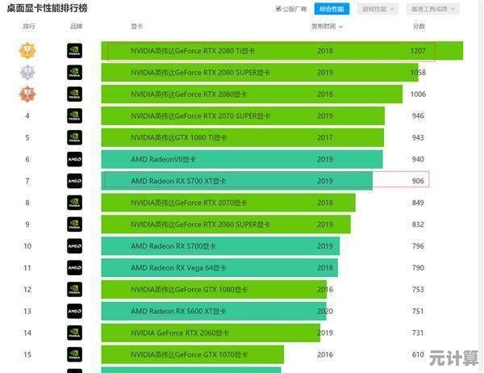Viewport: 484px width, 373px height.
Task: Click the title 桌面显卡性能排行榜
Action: (48, 8)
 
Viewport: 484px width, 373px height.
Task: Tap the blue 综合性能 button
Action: (331, 9)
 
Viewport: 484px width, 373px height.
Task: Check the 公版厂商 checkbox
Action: (279, 9)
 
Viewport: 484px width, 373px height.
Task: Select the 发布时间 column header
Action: (324, 27)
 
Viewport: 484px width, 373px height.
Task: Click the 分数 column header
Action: (419, 27)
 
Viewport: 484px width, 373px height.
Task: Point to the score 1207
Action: (418, 51)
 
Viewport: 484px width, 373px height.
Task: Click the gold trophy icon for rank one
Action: (27, 51)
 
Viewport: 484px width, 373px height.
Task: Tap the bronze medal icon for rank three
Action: (27, 94)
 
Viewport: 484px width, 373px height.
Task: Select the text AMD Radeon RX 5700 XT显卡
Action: (178, 181)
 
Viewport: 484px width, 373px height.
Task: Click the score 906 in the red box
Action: (418, 181)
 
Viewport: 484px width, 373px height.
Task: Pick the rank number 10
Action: (27, 246)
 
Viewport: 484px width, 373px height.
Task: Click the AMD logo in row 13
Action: (74, 312)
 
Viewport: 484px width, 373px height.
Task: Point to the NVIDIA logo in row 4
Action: (74, 116)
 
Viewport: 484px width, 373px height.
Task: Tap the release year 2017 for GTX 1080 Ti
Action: (325, 138)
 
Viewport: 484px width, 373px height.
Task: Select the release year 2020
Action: (325, 312)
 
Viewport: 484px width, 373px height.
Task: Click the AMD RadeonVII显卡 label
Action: (163, 160)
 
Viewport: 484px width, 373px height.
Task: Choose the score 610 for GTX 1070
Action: (418, 354)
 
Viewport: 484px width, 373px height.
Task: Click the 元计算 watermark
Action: (454, 357)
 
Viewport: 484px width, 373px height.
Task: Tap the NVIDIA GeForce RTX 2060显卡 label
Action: (180, 333)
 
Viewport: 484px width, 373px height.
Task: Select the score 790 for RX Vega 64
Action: (418, 268)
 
